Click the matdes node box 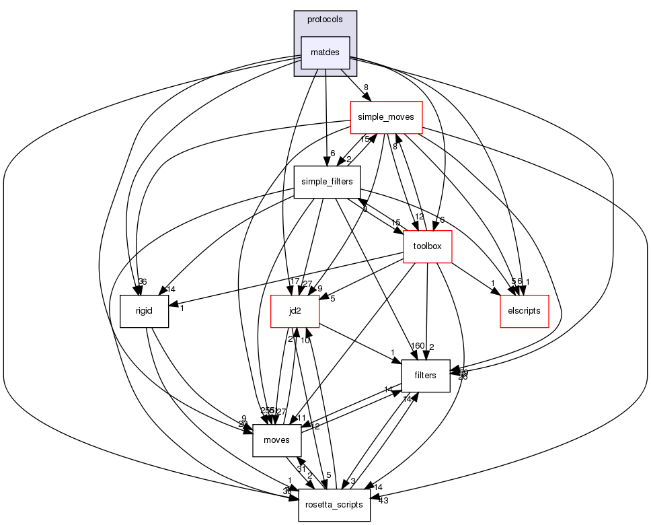[x=325, y=53]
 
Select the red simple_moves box [x=385, y=117]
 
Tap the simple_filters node [x=327, y=182]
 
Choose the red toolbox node [x=426, y=246]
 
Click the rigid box [x=144, y=311]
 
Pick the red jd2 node [x=294, y=311]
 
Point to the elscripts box [x=525, y=311]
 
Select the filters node [x=425, y=376]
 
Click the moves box [x=276, y=440]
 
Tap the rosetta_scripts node [x=334, y=505]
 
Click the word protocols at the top [x=325, y=20]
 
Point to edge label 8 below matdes [x=366, y=87]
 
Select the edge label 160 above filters [x=418, y=346]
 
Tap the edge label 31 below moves [x=301, y=469]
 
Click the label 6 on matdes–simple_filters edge [x=332, y=153]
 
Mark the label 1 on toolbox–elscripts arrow [x=492, y=283]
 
